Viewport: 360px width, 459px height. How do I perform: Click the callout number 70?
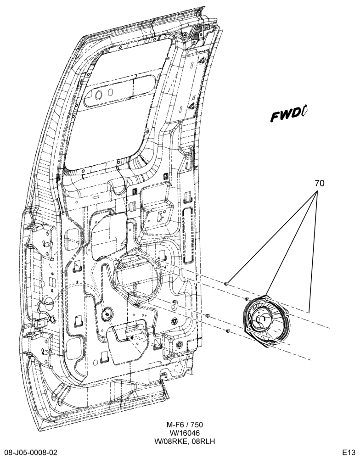click(x=320, y=183)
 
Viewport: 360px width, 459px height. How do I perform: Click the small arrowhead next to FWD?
click(x=304, y=111)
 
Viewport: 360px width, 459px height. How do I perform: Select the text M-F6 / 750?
click(x=185, y=425)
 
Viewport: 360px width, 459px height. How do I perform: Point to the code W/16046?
click(x=185, y=433)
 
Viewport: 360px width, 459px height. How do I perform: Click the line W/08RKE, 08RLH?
click(x=185, y=441)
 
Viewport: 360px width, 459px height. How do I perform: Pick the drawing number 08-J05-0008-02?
click(x=31, y=453)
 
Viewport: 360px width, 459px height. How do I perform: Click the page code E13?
click(x=349, y=453)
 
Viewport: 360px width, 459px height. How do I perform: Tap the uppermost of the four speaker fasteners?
click(x=226, y=283)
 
